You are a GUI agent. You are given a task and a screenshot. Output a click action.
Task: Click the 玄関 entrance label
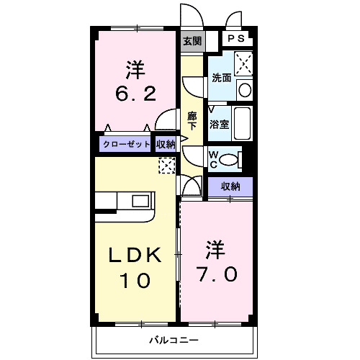[x=191, y=42]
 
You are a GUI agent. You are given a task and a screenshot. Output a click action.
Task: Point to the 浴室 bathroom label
[x=219, y=124]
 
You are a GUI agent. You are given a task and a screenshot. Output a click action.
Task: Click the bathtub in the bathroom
[x=243, y=124]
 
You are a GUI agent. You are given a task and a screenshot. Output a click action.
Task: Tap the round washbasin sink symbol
[x=244, y=90]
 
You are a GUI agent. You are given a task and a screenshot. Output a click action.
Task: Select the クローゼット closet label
[x=126, y=144]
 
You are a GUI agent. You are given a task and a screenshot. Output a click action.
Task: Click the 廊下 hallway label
[x=192, y=120]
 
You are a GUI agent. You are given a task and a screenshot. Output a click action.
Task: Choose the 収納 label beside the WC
[x=230, y=186]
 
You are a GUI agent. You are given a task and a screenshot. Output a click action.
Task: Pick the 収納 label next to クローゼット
[x=166, y=144]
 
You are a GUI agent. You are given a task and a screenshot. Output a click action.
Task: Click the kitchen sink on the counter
[x=139, y=200]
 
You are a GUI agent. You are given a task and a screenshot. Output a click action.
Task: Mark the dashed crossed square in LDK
[x=166, y=166]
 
